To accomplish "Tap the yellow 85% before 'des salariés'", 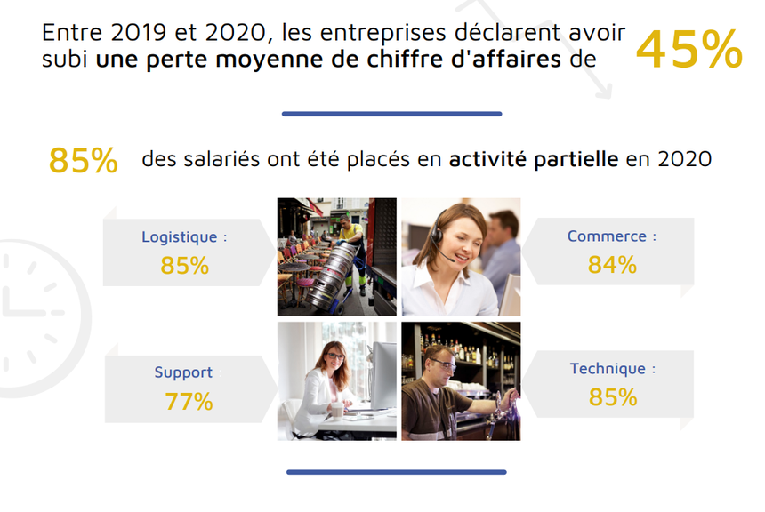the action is [x=84, y=160].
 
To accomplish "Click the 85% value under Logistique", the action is [x=184, y=266].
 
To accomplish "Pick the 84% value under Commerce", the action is [x=612, y=265].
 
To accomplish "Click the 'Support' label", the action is [x=183, y=372].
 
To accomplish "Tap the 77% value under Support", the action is [x=189, y=402].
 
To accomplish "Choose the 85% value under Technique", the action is [x=613, y=397].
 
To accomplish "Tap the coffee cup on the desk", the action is [x=337, y=411].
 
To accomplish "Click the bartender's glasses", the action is [x=445, y=364].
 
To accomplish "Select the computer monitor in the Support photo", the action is [x=383, y=374].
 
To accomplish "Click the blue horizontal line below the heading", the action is [x=391, y=114].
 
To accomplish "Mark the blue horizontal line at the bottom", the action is [x=396, y=472].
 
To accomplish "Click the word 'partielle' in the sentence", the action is [x=576, y=160].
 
